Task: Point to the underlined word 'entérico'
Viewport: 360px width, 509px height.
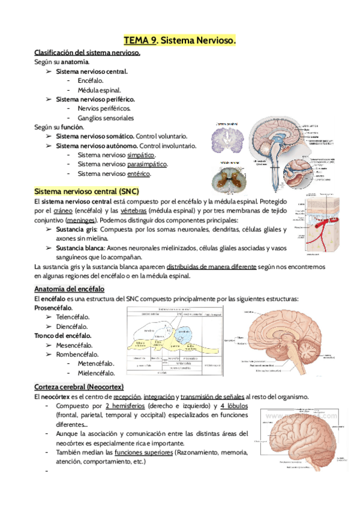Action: pyautogui.click(x=139, y=173)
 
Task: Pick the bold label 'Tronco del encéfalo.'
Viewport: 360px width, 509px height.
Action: pyautogui.click(x=63, y=336)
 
